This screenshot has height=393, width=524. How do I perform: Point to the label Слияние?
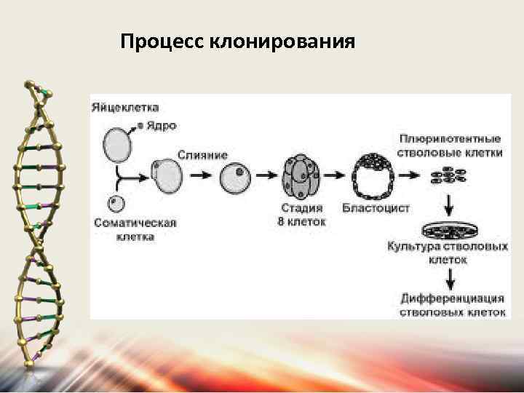point(202,155)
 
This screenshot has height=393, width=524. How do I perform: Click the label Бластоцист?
point(376,208)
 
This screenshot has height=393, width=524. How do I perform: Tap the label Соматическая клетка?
point(135,229)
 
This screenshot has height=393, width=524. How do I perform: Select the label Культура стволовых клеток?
point(448,252)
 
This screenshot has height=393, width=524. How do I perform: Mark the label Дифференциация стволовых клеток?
point(451,304)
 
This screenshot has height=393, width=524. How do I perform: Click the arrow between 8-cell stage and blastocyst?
point(336,175)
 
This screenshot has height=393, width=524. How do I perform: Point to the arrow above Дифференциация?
point(451,277)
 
